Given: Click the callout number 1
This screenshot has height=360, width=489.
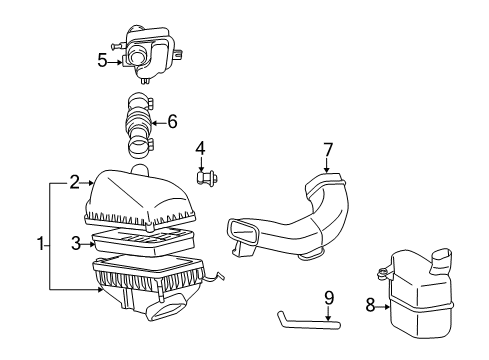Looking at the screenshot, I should tap(40, 242).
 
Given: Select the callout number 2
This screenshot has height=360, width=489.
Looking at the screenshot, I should tap(74, 181).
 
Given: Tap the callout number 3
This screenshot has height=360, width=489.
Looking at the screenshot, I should tap(74, 241).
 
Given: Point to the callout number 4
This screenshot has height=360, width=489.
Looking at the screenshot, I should tap(200, 151).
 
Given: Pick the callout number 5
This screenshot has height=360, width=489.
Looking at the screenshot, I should tap(102, 60).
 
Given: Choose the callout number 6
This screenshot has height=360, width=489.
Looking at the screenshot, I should tap(172, 122).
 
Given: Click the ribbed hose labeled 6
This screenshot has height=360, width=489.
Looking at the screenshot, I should tap(140, 125).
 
